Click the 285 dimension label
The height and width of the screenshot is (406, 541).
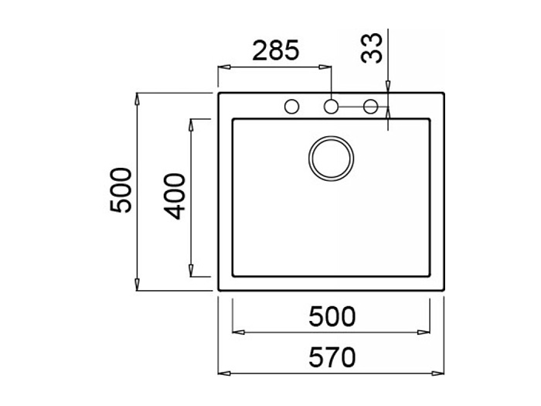coord(276,51)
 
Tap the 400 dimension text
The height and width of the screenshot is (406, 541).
coord(176,196)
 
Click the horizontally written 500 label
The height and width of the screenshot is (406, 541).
coord(332,316)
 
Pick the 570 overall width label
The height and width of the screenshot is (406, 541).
coord(332,357)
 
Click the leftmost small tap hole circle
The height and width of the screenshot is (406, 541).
coord(292,107)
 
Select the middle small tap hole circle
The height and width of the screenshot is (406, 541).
coord(331,107)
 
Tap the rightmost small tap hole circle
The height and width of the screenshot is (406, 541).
coord(370,107)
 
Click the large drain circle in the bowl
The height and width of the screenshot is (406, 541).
coord(331,159)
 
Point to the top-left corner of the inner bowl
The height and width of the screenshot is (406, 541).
coord(233,119)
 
